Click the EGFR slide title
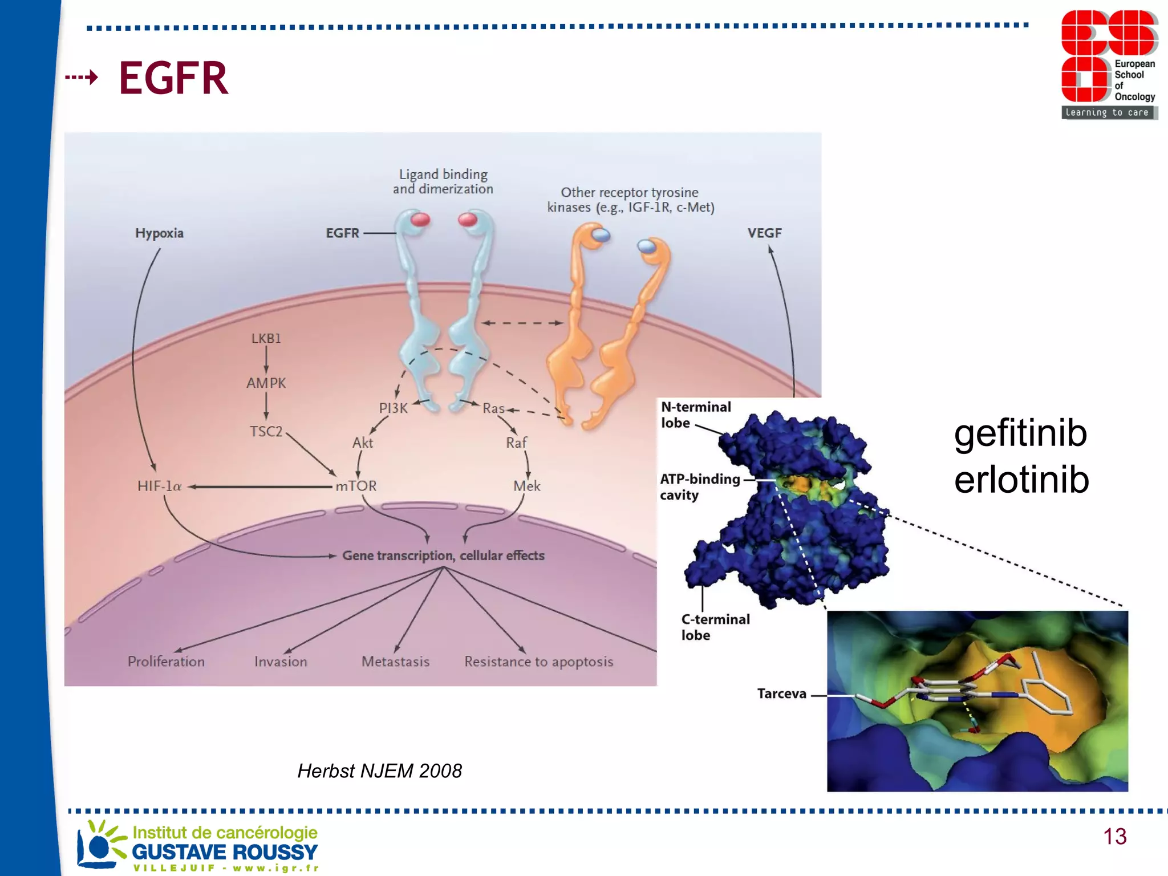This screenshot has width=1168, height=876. coord(173,78)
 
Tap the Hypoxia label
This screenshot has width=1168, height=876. coord(159,233)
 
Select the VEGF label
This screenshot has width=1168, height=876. coord(764,233)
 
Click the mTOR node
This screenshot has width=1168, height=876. coord(356,486)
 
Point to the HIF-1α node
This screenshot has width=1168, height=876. coord(159,486)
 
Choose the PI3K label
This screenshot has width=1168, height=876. coord(393,408)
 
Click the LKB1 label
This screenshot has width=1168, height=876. coord(266,338)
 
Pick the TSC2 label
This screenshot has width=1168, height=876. coord(266,432)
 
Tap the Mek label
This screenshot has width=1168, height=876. coord(526,486)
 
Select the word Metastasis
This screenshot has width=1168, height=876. coord(395,662)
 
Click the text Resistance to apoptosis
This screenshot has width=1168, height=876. coord(538,662)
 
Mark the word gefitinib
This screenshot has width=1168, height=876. coord(1020,433)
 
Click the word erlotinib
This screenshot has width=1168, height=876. coord(1021,480)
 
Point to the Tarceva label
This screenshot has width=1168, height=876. coord(781,694)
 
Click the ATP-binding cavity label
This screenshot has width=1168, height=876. coord(699,486)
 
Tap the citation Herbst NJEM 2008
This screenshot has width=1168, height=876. coord(379,771)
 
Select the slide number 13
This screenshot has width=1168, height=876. coord(1114,837)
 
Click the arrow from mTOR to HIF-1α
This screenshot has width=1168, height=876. coord(259,486)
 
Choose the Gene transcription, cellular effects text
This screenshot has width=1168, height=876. coord(443,555)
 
